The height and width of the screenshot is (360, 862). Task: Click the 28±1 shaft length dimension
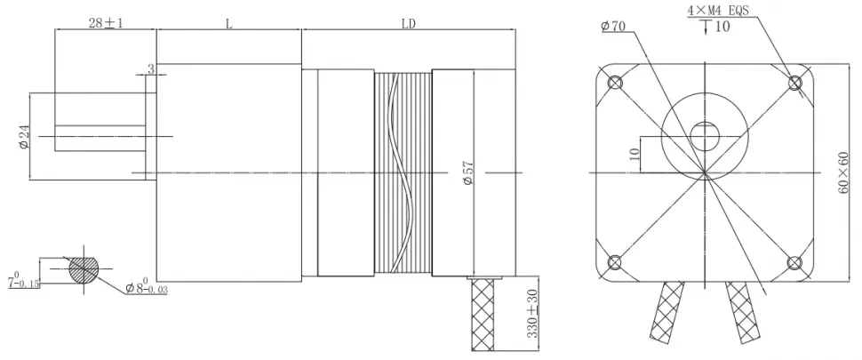pyautogui.click(x=105, y=23)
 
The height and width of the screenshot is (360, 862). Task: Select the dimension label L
pyautogui.click(x=228, y=24)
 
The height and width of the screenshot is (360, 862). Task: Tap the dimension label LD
pyautogui.click(x=408, y=24)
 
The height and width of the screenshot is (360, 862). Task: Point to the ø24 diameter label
pyautogui.click(x=24, y=137)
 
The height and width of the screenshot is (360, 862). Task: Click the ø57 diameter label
pyautogui.click(x=468, y=172)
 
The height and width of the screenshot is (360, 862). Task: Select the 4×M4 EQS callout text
pyautogui.click(x=717, y=10)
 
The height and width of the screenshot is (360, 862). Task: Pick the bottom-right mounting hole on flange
pyautogui.click(x=795, y=262)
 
